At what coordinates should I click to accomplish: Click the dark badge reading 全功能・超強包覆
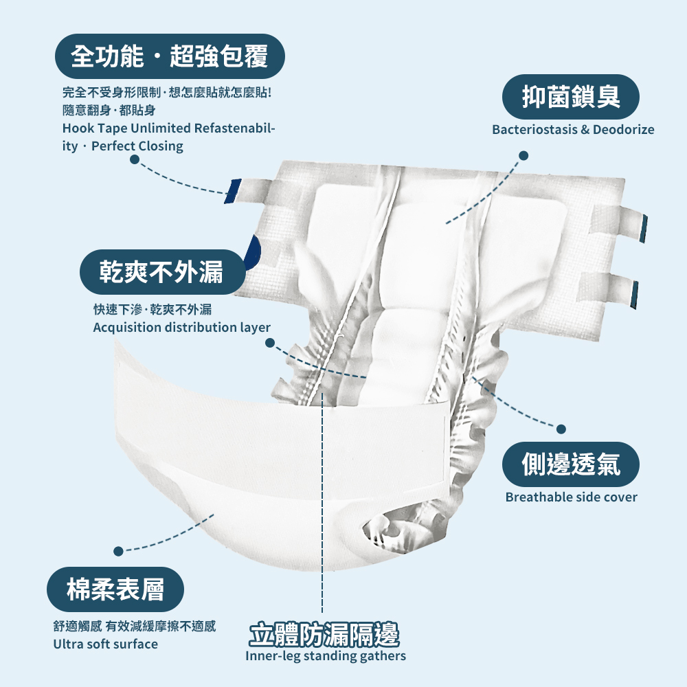click(170, 56)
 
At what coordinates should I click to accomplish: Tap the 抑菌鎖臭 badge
click(571, 97)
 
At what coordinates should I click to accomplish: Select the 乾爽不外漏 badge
click(162, 272)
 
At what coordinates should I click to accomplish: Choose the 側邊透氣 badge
click(571, 464)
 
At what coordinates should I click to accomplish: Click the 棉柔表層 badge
click(115, 589)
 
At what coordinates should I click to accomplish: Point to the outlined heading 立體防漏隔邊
click(324, 635)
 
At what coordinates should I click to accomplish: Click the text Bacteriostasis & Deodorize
click(573, 130)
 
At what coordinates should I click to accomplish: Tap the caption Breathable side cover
click(571, 497)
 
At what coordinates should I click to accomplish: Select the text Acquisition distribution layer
click(181, 328)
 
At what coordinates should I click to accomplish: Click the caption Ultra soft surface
click(105, 644)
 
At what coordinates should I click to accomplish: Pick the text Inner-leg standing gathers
click(325, 656)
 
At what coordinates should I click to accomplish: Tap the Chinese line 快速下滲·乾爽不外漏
click(152, 308)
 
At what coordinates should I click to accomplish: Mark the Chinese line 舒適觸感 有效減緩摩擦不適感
click(134, 626)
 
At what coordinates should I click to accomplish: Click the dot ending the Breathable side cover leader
click(561, 429)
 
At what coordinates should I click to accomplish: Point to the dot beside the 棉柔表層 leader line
click(118, 550)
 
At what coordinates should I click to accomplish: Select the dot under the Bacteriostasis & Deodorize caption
click(523, 156)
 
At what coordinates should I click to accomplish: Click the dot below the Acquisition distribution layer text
click(269, 341)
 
